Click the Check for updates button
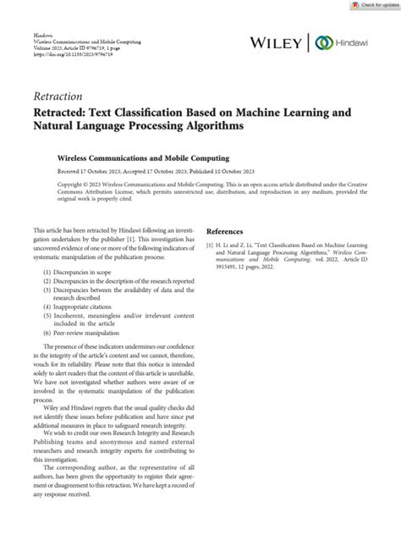(x=371, y=5)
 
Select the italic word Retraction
(x=61, y=97)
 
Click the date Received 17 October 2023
(x=91, y=170)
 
